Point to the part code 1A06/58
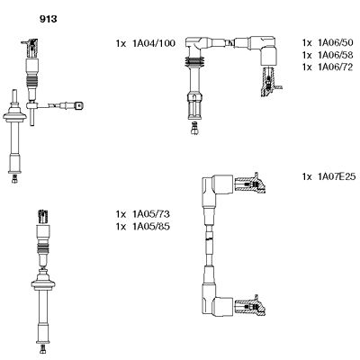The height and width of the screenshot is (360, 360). (328, 56)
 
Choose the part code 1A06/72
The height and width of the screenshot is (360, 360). (328, 67)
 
